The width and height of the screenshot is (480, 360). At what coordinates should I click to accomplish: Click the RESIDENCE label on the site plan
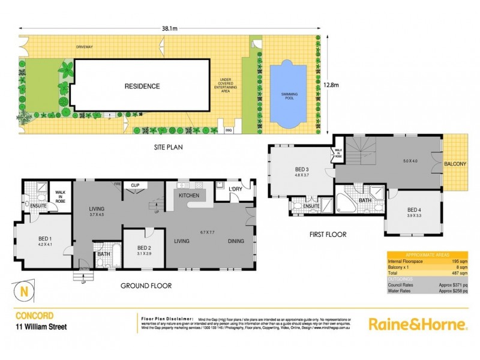coord(142,86)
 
